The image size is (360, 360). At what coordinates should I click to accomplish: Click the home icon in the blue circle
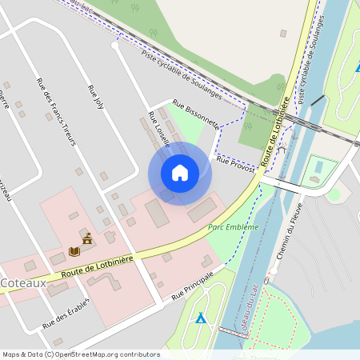coord(180,173)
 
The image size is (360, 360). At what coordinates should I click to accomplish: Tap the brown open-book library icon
coord(74,251)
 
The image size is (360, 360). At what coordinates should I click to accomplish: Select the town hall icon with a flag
coord(86,238)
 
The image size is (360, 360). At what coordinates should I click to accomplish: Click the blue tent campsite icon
coord(201,318)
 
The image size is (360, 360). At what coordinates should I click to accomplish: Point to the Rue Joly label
coord(96,97)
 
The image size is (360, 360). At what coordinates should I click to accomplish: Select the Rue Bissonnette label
coord(196,114)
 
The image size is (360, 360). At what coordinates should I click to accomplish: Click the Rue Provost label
coord(235,165)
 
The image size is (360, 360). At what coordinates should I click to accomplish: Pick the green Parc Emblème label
coord(234,227)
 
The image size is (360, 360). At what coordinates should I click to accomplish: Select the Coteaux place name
coord(22,283)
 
